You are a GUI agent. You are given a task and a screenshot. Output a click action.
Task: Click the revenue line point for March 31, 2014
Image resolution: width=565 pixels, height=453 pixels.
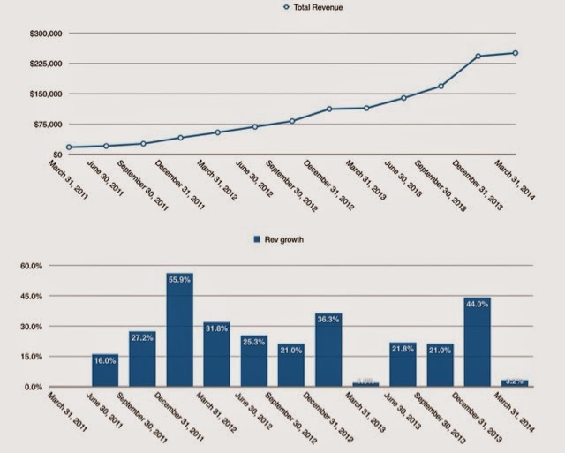point(515,53)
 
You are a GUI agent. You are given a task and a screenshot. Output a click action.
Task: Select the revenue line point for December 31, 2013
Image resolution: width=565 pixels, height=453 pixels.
point(478,57)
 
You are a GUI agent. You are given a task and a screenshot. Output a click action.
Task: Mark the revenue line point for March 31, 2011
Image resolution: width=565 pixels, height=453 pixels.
point(68,147)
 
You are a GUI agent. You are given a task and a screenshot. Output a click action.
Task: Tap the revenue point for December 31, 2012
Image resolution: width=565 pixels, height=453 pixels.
point(328,109)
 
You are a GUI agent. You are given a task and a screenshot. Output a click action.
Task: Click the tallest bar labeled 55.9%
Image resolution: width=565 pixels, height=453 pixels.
point(179,330)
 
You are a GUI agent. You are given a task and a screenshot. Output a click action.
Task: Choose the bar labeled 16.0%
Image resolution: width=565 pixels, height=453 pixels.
point(105,370)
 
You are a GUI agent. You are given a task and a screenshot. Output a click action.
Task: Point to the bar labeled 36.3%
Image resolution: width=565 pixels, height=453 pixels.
point(328,350)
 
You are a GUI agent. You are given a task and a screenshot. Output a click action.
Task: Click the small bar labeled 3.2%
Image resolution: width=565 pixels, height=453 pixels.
point(515,383)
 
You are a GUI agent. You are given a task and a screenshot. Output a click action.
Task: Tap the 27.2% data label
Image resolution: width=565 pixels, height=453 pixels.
point(142,336)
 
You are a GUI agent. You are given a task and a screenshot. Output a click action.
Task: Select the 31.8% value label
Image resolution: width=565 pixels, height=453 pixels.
point(216,328)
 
